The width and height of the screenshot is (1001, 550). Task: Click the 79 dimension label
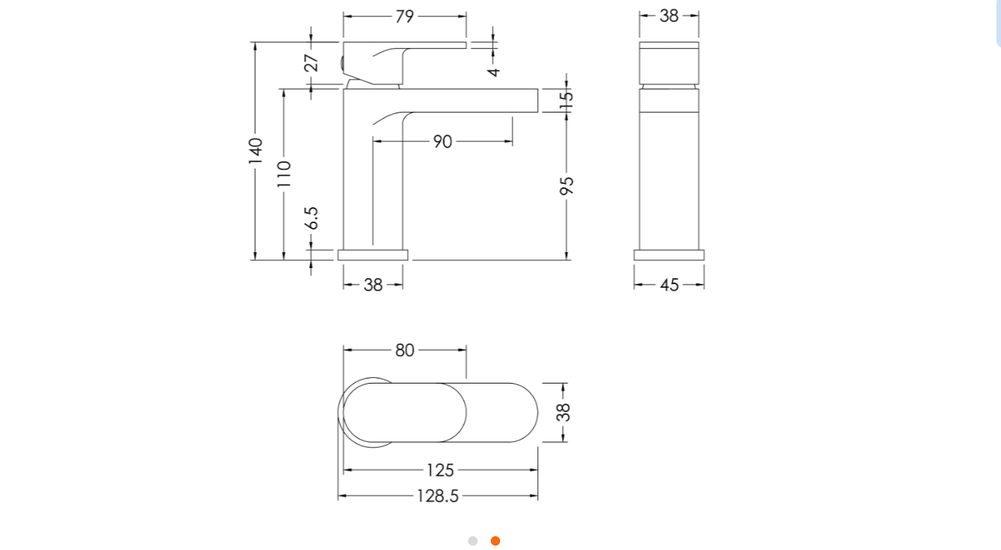405,16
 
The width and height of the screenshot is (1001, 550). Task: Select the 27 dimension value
311,62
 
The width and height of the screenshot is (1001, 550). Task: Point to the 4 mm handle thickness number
494,70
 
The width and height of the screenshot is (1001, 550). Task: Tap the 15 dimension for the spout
567,100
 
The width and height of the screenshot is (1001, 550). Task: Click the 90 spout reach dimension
443,142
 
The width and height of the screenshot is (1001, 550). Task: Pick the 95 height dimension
567,185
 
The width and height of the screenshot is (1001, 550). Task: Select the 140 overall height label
255,150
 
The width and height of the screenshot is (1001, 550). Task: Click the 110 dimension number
284,174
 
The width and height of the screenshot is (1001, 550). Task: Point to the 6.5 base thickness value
311,218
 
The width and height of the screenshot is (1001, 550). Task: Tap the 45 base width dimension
670,286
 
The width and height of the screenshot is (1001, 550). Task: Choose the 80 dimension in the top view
405,350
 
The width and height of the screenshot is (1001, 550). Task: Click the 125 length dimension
441,471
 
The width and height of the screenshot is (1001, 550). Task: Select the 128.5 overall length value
438,496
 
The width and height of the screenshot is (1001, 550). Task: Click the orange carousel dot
495,541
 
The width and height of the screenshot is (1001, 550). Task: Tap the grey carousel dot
473,541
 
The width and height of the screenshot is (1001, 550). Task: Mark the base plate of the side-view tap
373,255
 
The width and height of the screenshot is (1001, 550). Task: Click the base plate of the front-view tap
669,255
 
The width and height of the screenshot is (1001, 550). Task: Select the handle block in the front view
669,64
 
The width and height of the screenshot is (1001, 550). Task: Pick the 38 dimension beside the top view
563,412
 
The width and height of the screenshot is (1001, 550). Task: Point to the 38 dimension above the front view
670,16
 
